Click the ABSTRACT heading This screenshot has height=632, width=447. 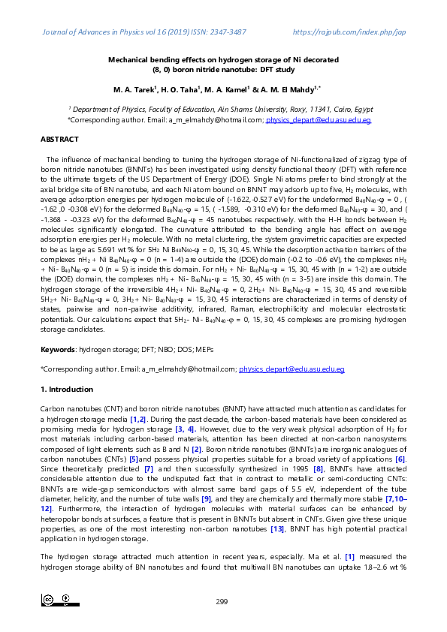click(59, 140)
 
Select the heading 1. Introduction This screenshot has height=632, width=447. click(66, 390)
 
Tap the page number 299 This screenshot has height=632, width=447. click(222, 601)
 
